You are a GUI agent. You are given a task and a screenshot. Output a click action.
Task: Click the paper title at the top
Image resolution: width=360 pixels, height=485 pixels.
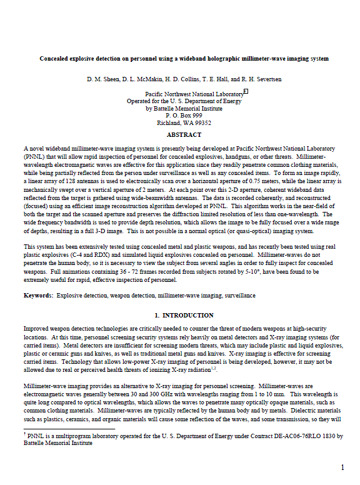[x=184, y=59]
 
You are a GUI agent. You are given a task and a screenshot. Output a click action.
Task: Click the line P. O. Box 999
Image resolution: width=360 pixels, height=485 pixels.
[x=184, y=116]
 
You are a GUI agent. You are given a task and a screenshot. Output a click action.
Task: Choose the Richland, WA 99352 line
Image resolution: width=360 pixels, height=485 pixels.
[x=184, y=123]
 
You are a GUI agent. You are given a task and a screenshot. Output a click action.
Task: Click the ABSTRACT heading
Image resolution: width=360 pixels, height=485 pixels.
[x=184, y=135]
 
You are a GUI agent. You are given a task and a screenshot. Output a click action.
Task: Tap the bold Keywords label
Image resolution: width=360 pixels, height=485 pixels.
[x=38, y=294]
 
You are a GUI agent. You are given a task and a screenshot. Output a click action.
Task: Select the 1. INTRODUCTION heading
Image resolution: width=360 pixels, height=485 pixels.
[x=184, y=315]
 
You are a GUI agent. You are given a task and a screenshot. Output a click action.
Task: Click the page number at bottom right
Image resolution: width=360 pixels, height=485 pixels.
[x=342, y=467]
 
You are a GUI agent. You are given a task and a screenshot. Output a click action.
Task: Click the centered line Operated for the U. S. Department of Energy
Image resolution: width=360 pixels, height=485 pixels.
[x=184, y=101]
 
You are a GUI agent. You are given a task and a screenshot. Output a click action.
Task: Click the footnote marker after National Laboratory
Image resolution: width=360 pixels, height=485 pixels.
[x=246, y=91]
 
